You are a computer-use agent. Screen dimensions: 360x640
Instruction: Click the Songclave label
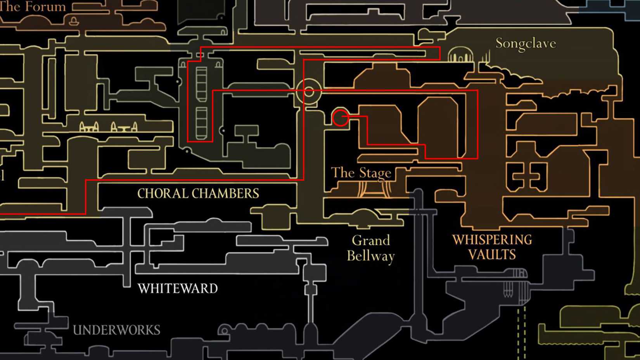pyautogui.click(x=526, y=43)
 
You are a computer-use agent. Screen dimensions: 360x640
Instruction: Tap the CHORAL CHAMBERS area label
pyautogui.click(x=198, y=193)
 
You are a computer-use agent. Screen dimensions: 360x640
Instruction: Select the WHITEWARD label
pyautogui.click(x=178, y=289)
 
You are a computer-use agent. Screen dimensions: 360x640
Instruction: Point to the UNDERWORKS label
pyautogui.click(x=116, y=330)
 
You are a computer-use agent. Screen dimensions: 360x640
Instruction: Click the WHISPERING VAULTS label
pyautogui.click(x=492, y=247)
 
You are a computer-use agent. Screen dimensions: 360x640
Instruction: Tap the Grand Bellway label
pyautogui.click(x=370, y=248)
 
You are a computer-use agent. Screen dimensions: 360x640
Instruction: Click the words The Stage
pyautogui.click(x=361, y=173)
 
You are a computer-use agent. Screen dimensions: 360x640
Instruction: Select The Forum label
pyautogui.click(x=33, y=6)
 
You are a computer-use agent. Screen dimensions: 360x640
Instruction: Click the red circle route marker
pyautogui.click(x=341, y=118)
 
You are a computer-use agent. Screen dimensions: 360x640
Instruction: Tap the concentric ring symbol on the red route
pyautogui.click(x=309, y=92)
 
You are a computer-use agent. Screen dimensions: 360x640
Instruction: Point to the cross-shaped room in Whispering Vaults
pyautogui.click(x=527, y=177)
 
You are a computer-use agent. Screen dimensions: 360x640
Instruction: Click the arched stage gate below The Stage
pyautogui.click(x=374, y=190)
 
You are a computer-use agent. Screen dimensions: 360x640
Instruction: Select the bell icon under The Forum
pyautogui.click(x=73, y=21)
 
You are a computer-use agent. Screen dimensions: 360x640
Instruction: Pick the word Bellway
pyautogui.click(x=370, y=256)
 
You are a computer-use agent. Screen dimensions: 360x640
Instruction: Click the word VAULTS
pyautogui.click(x=492, y=254)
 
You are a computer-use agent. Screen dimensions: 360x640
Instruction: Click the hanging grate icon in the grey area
pyautogui.click(x=509, y=289)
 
